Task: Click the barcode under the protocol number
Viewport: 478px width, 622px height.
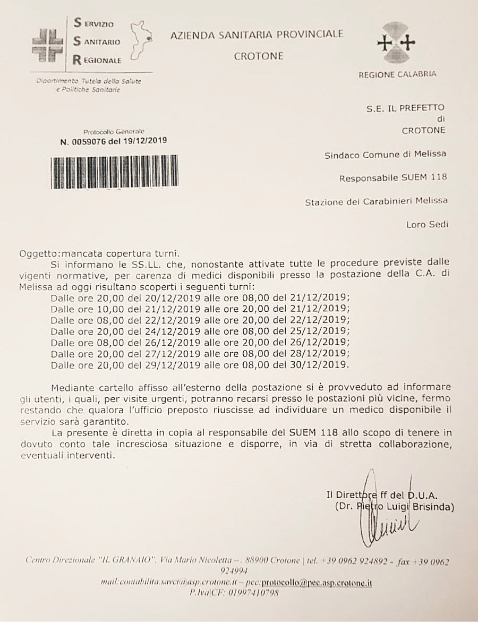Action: (114, 172)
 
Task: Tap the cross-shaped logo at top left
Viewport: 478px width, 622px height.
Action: (47, 45)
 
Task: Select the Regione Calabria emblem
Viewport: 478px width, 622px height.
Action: (396, 43)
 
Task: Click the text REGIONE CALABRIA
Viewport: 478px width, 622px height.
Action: (397, 74)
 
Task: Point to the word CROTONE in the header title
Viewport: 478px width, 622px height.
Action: (259, 56)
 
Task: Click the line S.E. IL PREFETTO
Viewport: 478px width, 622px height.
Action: (405, 109)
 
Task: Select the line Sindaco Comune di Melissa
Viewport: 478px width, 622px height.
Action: (385, 155)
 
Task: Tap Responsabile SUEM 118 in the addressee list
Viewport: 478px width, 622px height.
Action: (393, 178)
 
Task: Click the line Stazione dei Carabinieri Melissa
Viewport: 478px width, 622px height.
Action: (377, 201)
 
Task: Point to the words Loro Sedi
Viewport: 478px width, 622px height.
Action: (426, 224)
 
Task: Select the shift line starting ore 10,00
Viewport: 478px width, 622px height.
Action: (200, 308)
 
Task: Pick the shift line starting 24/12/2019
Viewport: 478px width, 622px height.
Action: (200, 331)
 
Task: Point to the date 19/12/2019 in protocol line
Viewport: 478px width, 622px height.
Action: (145, 141)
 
